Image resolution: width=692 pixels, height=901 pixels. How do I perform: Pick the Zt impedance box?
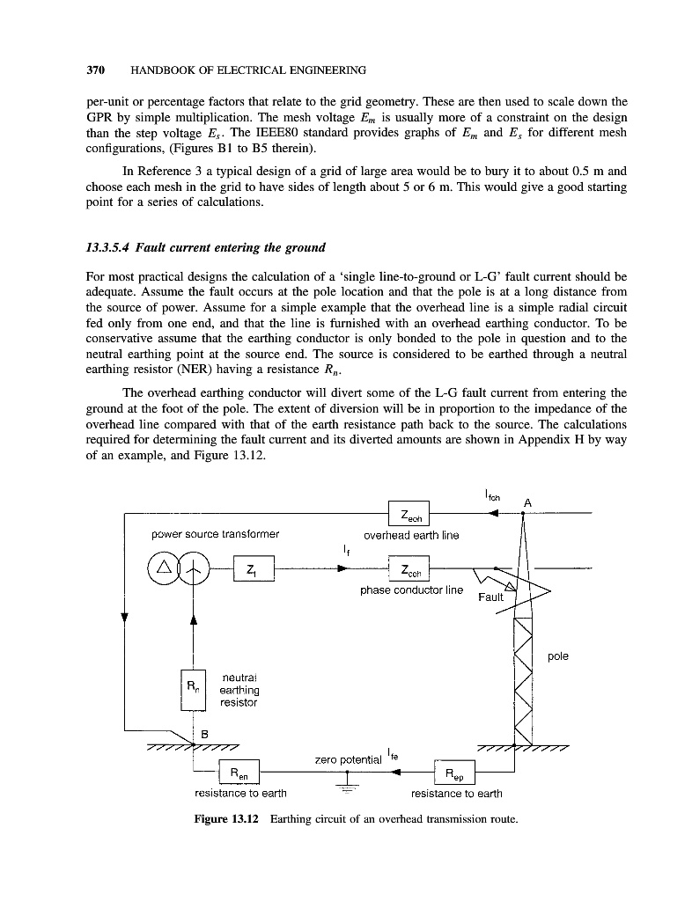point(254,568)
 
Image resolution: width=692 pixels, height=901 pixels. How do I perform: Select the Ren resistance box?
point(239,773)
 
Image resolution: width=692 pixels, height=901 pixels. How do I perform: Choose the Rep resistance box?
point(455,773)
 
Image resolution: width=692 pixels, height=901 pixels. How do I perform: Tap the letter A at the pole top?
point(527,502)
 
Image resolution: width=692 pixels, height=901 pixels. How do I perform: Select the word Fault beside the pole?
point(490,597)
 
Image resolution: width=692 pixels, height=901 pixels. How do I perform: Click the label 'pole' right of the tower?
point(558,656)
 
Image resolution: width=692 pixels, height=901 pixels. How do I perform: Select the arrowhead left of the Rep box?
point(396,773)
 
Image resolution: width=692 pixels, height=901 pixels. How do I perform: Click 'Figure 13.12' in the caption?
point(225,820)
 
